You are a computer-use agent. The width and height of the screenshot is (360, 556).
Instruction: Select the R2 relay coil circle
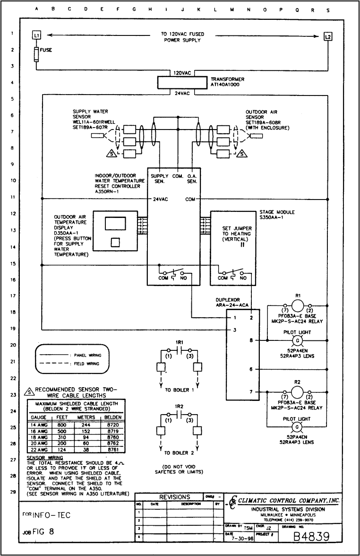click(x=298, y=392)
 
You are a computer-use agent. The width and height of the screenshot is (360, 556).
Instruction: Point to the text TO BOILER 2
click(x=179, y=452)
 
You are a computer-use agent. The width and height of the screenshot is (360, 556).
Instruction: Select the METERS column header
click(x=86, y=417)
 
